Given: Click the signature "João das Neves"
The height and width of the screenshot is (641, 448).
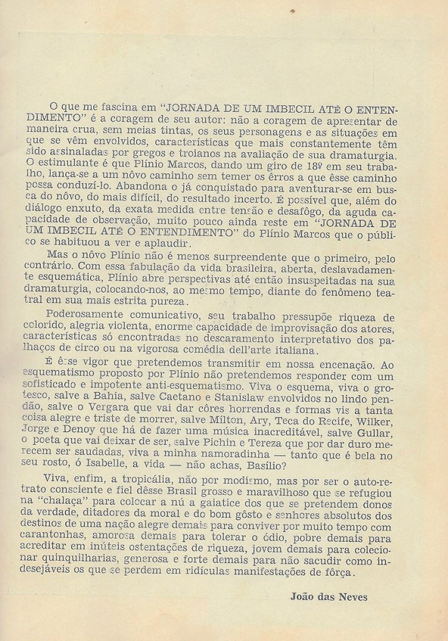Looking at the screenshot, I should pos(328,597).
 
